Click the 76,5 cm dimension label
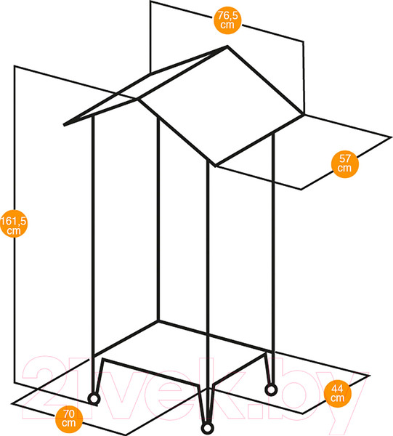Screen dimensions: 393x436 point(227,20)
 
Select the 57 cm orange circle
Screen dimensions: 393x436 point(345,164)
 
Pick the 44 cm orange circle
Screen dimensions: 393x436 point(338,393)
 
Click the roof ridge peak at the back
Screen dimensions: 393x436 point(227,47)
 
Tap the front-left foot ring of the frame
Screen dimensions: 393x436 point(94,399)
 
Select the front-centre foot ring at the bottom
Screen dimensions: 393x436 point(207,428)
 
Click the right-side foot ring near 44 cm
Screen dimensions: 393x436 point(271,389)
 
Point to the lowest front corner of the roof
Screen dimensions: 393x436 point(216,166)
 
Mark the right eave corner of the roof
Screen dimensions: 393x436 point(303,114)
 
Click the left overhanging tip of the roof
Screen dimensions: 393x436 point(64,125)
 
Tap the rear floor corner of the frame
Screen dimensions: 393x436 point(158,321)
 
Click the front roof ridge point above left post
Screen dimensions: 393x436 point(138,99)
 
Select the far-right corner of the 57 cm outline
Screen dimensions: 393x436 point(392,137)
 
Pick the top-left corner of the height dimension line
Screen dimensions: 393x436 point(15,66)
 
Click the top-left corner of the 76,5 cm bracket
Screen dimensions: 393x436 point(150,1)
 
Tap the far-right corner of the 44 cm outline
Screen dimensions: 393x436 point(369,376)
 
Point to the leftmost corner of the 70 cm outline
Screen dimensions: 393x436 point(12,403)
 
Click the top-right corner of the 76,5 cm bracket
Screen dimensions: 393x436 point(303,42)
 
